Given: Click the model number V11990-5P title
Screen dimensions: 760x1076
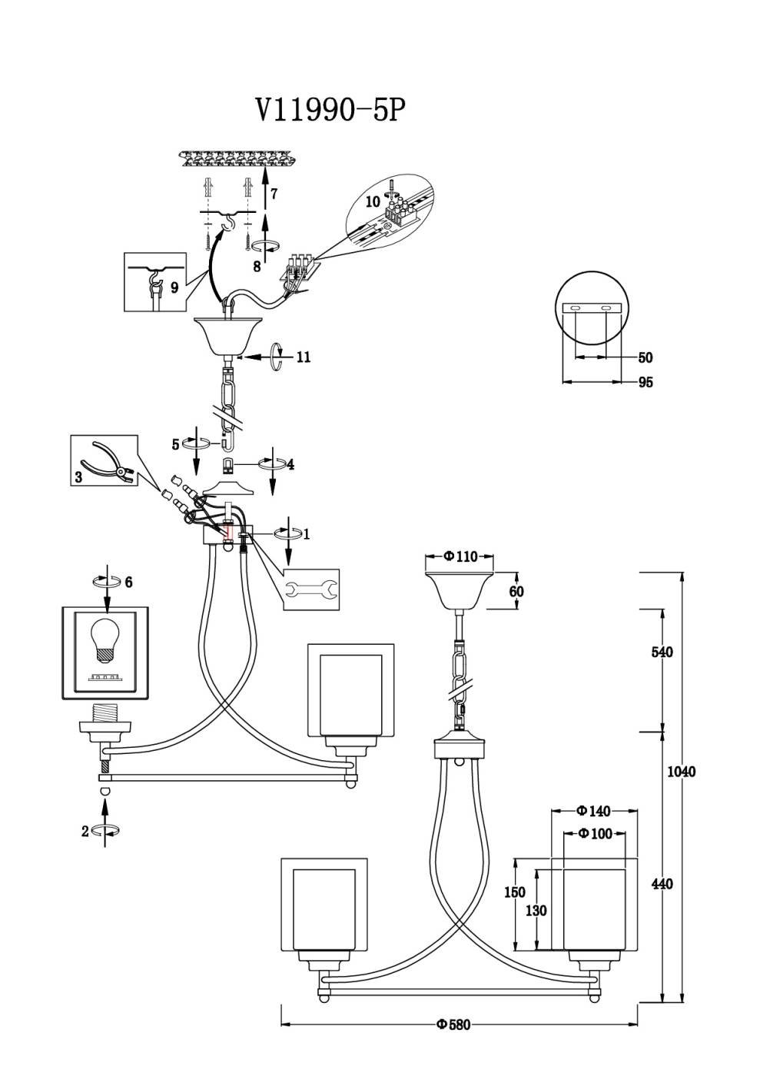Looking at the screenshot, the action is click(330, 111).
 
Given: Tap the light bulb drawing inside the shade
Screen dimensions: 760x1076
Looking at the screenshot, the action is click(106, 639).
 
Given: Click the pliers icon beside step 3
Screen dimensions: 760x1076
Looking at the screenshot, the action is click(108, 460).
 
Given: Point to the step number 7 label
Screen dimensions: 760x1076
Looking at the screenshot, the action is click(274, 194).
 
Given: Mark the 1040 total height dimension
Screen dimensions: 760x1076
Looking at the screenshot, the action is click(681, 771).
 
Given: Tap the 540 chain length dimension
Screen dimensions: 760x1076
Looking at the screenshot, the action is click(662, 652).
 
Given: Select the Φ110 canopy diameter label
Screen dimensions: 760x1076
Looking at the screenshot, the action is click(460, 556).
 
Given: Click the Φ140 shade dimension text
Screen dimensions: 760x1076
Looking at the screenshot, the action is click(593, 811).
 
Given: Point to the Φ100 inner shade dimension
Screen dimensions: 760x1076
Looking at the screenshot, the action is click(596, 833).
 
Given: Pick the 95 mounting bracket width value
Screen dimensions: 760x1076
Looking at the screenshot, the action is click(646, 382).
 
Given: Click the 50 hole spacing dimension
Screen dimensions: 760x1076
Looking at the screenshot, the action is click(646, 357).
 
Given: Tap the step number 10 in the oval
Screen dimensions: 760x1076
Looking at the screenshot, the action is click(373, 201).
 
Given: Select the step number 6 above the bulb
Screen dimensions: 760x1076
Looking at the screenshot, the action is click(128, 583).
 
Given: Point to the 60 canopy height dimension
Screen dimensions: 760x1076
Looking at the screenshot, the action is click(516, 591).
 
